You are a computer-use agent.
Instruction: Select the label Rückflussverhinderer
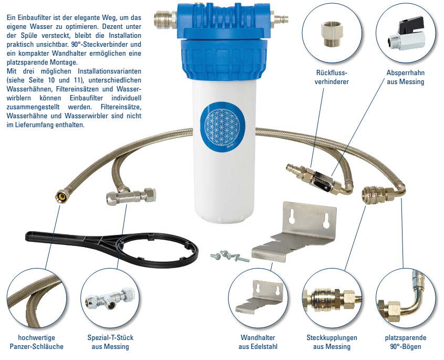tap(332, 77)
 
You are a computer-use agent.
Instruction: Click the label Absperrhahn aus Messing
tap(406, 77)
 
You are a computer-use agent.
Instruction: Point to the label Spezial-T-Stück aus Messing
tap(110, 342)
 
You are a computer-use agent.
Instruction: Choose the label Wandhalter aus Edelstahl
tap(257, 342)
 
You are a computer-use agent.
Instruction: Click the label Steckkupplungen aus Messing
tap(332, 342)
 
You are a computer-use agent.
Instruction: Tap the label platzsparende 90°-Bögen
tap(406, 342)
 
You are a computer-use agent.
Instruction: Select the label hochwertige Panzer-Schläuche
tap(37, 342)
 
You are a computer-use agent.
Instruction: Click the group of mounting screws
tap(230, 256)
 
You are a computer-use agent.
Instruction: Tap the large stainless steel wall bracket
tap(294, 232)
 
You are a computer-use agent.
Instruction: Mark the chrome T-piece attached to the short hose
tap(131, 196)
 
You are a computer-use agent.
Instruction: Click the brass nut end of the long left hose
tap(60, 196)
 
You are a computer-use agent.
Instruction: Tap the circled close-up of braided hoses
tap(37, 299)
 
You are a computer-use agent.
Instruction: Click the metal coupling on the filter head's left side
tap(165, 19)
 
